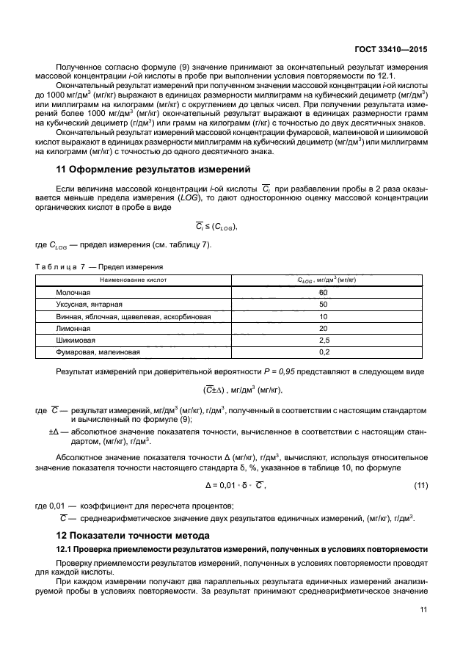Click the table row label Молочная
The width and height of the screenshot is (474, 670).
[x=73, y=292]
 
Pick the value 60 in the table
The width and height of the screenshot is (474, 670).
[x=323, y=292]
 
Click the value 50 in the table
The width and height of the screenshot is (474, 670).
[x=323, y=304]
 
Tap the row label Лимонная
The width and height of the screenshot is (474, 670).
[x=73, y=328]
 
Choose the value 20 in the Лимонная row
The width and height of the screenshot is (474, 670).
[x=323, y=328]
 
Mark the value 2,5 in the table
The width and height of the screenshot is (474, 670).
[x=323, y=340]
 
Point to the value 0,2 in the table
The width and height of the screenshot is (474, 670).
[x=323, y=352]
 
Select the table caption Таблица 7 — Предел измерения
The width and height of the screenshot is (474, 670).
[x=98, y=266]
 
